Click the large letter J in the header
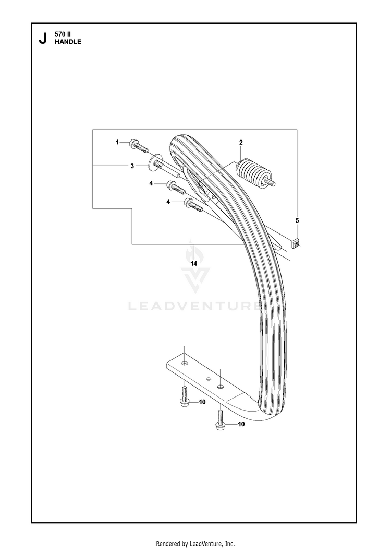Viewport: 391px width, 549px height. (43, 39)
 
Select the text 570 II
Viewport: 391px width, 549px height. (63, 34)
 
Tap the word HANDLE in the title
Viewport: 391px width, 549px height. (68, 42)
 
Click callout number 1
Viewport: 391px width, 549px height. (117, 142)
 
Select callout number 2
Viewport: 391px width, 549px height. (241, 143)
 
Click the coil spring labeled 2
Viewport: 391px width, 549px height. (252, 173)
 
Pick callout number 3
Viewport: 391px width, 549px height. (132, 166)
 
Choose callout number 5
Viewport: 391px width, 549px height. (297, 220)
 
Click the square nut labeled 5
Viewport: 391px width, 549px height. (296, 243)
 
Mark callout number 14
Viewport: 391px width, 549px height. (194, 264)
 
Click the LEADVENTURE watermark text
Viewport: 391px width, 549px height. (194, 307)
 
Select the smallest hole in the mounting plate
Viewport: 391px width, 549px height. (208, 379)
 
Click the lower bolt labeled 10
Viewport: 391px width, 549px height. (220, 420)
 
